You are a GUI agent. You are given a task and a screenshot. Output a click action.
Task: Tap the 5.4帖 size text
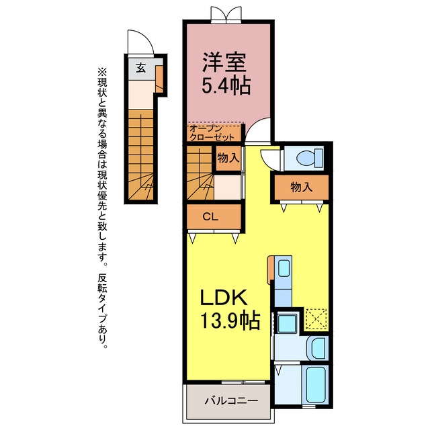point(226,85)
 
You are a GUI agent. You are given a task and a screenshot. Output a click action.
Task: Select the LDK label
point(224,298)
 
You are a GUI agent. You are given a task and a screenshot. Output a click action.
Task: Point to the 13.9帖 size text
point(230,320)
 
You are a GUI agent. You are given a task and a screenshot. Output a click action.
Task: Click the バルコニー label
point(231,401)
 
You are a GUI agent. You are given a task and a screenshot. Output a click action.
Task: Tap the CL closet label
point(210,217)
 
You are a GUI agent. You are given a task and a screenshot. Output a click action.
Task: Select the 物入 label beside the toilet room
point(302,187)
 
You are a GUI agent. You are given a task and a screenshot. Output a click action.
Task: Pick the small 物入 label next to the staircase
point(228,158)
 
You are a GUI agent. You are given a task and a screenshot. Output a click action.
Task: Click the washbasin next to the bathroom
point(318,349)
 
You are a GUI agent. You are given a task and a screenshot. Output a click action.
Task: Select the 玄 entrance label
point(141,67)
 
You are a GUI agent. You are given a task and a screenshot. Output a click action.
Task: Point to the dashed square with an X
point(316,319)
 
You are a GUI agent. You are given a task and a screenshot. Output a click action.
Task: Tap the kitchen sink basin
point(284,268)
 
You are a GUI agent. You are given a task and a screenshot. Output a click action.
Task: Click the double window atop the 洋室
point(226,14)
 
